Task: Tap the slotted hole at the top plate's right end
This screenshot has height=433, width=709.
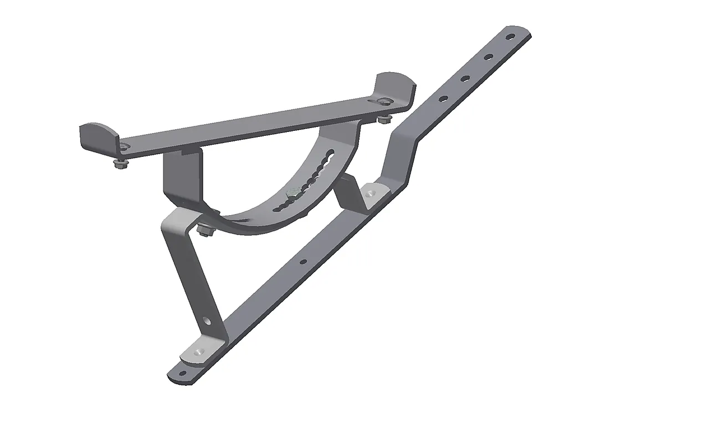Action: pyautogui.click(x=383, y=101)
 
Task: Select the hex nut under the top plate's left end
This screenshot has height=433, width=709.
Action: pyautogui.click(x=118, y=164)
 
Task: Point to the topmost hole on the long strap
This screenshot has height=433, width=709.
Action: pyautogui.click(x=510, y=38)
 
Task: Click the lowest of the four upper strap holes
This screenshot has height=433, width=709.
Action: pyautogui.click(x=443, y=99)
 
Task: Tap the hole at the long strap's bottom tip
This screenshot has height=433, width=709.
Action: pyautogui.click(x=180, y=373)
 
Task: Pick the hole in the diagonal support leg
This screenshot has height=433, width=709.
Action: pyautogui.click(x=207, y=320)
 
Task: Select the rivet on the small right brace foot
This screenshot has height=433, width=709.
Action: pyautogui.click(x=370, y=193)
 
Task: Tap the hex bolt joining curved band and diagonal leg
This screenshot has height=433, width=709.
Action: pyautogui.click(x=204, y=230)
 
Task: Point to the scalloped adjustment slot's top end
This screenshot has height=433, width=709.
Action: pyautogui.click(x=331, y=153)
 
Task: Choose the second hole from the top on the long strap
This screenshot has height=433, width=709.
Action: pyautogui.click(x=488, y=57)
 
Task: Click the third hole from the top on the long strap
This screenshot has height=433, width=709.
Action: pyautogui.click(x=465, y=78)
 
